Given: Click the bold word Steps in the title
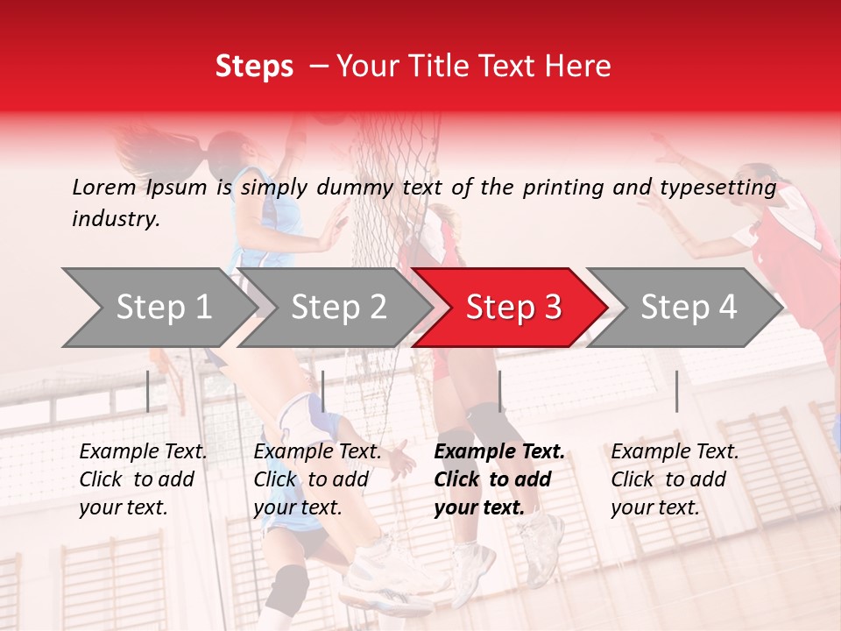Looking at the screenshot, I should click(254, 67).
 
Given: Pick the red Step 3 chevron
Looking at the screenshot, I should click(513, 308).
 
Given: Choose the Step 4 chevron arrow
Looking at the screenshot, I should click(689, 308).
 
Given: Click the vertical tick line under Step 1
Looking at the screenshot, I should click(148, 391).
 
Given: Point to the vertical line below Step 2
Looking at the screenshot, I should click(323, 391).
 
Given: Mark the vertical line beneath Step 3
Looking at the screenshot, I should click(500, 391).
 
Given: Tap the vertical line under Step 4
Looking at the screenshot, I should click(677, 391).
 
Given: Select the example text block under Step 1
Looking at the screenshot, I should click(143, 479).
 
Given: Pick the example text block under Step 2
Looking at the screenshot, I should click(317, 479).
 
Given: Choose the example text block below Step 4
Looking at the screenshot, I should click(675, 479).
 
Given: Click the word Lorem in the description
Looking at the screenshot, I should click(103, 187).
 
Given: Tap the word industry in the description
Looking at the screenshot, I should click(115, 219).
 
